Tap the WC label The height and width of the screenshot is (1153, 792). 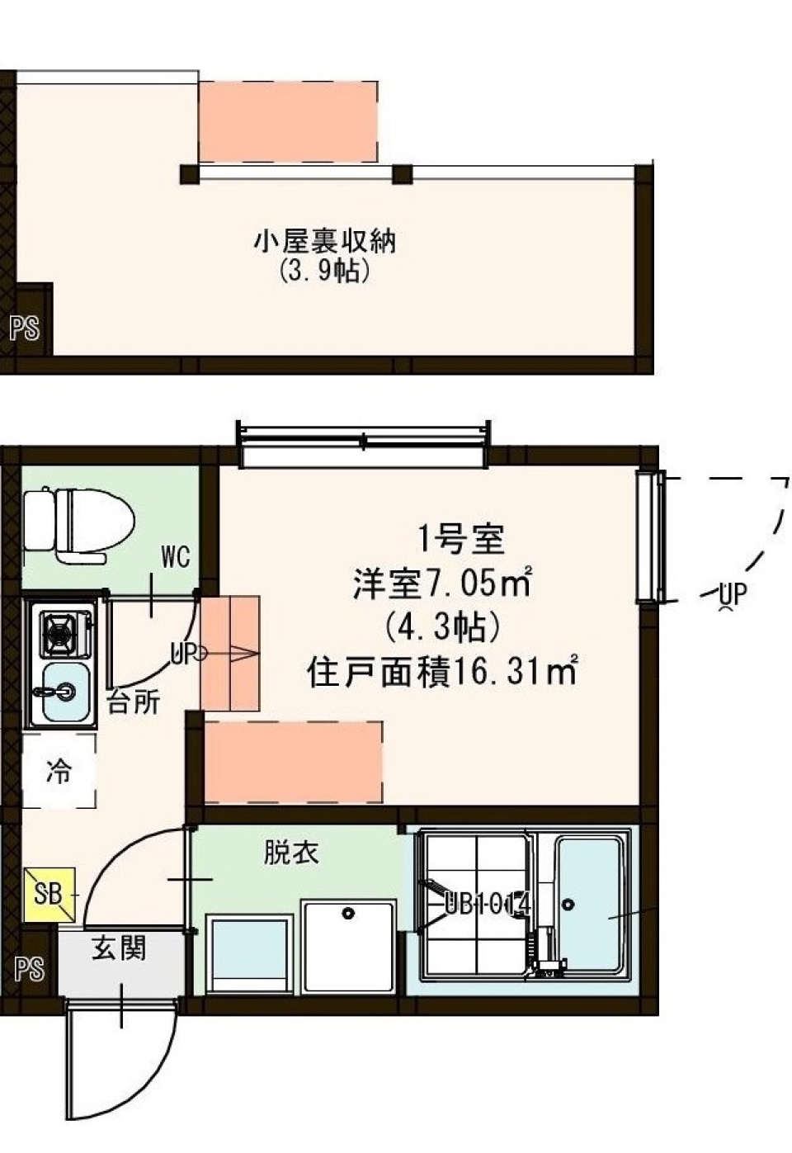175,558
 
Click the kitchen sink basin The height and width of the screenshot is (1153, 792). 64,692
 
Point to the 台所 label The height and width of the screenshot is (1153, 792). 133,702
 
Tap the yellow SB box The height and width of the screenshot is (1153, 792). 49,894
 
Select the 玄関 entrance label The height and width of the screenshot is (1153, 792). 119,948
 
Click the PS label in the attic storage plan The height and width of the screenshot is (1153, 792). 25,328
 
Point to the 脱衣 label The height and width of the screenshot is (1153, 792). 291,853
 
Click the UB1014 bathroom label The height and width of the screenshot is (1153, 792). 487,905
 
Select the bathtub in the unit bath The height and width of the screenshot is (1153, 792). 588,905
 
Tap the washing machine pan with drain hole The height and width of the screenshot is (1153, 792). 348,946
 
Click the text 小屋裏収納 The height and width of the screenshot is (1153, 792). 324,241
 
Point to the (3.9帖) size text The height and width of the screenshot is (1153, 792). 324,270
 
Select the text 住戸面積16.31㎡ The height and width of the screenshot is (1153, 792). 441,673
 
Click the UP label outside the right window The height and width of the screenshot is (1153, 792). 732,593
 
